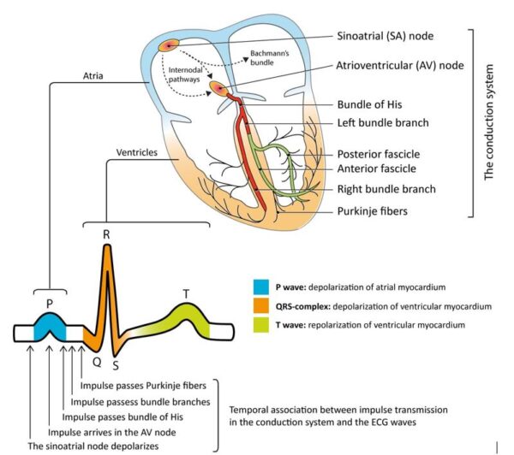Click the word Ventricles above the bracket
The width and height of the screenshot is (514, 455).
click(136, 152)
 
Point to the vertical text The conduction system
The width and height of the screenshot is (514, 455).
click(491, 123)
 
